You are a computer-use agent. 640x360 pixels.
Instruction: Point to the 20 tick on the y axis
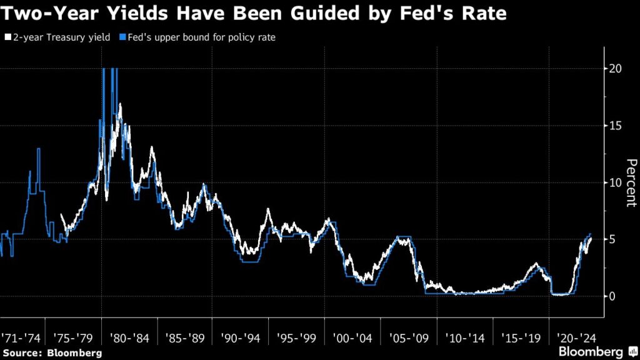click(615, 69)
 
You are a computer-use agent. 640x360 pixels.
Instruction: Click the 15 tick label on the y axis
click(615, 126)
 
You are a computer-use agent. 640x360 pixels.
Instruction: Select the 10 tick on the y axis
click(615, 182)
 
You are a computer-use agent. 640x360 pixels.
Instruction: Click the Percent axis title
click(631, 182)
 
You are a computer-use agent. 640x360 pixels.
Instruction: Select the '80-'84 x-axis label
click(130, 338)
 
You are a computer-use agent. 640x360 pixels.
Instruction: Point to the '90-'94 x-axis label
click(239, 338)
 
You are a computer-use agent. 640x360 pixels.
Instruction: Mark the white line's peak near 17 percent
click(119, 104)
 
